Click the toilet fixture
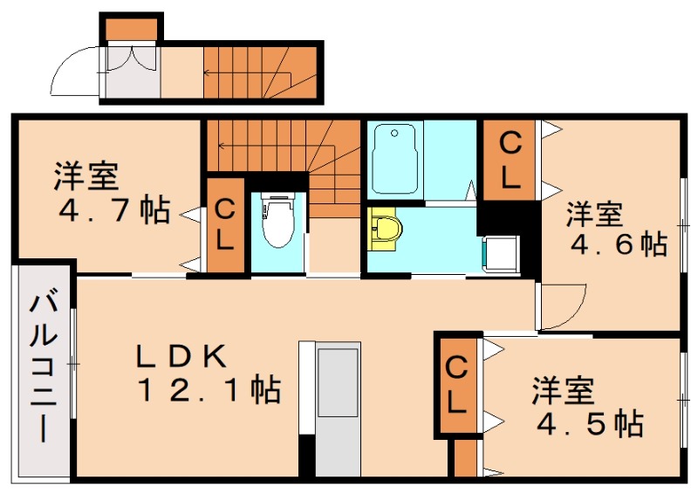278,222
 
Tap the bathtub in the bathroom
396,160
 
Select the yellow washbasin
386,229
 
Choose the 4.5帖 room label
587,407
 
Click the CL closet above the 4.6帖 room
510,159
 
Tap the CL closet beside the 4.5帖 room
457,384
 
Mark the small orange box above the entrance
131,29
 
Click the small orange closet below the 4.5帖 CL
465,457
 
